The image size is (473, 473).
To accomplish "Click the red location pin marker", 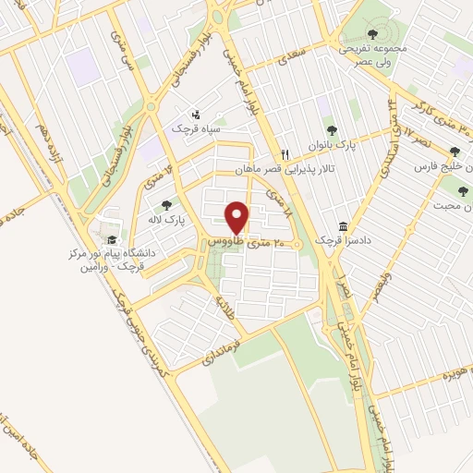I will [238, 218].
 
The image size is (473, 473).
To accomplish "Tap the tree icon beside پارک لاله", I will [166, 206].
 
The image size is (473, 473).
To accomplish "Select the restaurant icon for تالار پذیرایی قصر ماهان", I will [286, 155].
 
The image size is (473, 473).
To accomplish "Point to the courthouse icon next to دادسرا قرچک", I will [344, 226].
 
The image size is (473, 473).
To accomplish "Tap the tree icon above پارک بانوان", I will [331, 130].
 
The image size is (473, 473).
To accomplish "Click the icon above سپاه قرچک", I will [195, 115].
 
